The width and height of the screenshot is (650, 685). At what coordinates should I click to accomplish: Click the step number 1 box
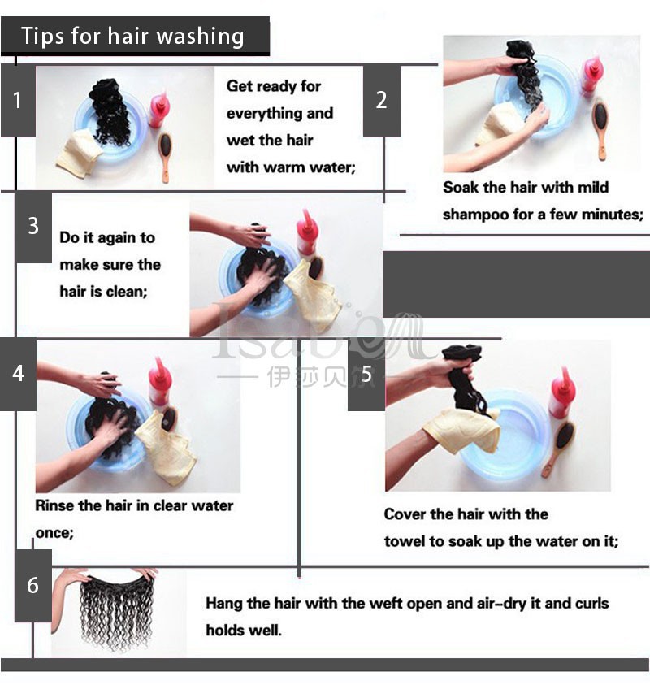18,100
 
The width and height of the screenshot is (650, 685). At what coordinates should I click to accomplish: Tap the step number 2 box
381,100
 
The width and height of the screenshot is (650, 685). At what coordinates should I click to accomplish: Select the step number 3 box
33,227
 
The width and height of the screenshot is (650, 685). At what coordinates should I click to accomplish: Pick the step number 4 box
18,374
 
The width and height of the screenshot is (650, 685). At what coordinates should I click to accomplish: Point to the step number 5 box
366,375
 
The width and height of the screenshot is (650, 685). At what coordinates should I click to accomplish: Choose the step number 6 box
33,585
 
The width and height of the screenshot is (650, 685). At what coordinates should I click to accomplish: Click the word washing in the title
200,37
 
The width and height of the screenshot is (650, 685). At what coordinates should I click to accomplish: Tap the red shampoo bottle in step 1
159,109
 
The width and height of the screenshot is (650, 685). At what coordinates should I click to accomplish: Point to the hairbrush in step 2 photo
601,130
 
